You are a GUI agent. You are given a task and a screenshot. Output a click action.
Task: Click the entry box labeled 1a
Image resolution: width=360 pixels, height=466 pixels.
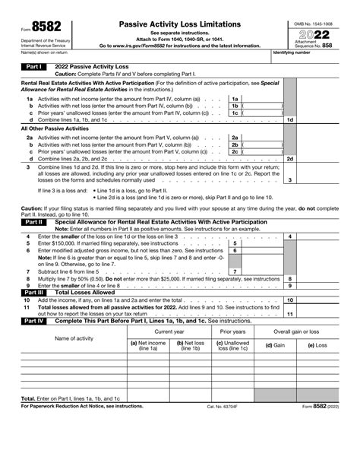point(235,99)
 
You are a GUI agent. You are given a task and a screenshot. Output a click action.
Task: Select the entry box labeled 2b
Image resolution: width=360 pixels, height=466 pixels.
point(235,144)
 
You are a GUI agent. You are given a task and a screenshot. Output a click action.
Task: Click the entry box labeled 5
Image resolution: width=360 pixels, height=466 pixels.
point(235,243)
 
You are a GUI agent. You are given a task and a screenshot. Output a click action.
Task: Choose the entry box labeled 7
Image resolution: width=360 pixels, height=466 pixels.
point(235,271)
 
